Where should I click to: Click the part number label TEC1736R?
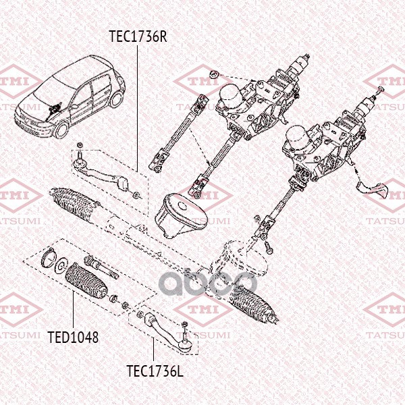tap(138, 35)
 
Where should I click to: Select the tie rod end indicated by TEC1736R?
tap(101, 172)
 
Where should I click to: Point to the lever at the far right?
tap(373, 188)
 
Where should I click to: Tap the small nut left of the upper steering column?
tap(213, 74)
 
